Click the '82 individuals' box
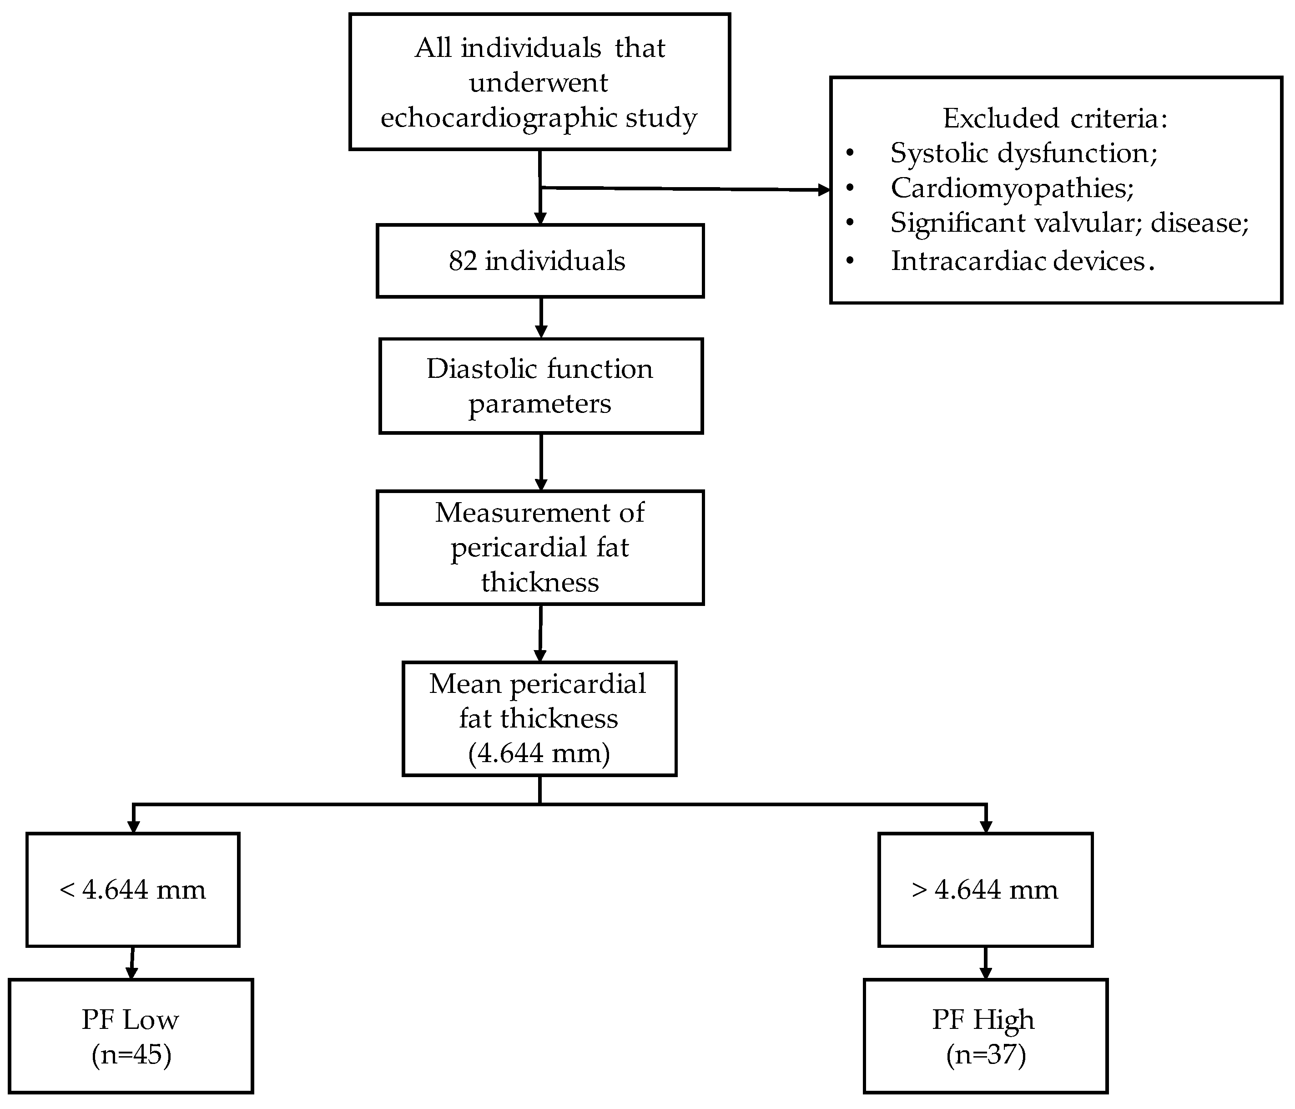[540, 261]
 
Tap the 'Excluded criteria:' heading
[1055, 118]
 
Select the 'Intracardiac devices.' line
[1022, 261]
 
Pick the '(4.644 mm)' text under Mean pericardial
[539, 753]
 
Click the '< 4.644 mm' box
[132, 890]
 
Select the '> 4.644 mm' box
[985, 890]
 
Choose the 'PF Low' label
[130, 1020]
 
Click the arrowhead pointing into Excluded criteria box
[824, 190]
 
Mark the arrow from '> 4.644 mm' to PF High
[986, 963]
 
